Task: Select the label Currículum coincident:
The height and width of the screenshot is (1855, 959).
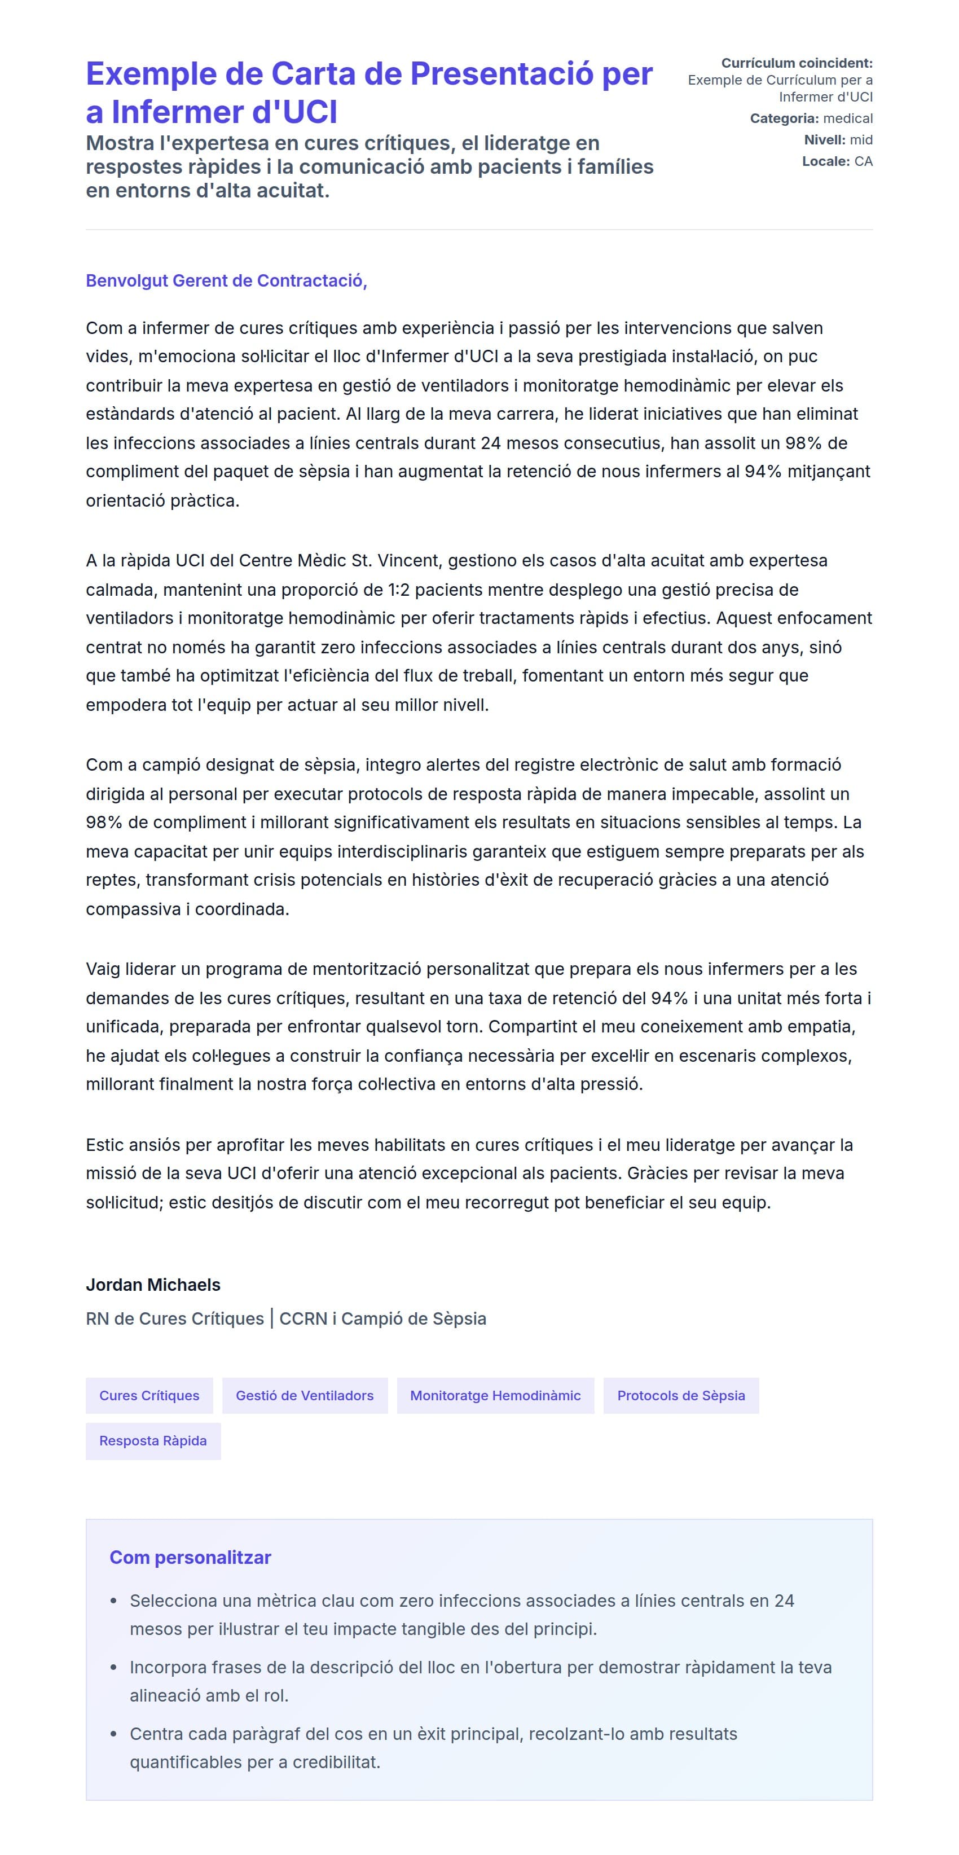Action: pyautogui.click(x=797, y=63)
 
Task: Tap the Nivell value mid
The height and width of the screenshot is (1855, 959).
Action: pyautogui.click(x=861, y=140)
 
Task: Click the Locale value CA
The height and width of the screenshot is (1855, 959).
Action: pyautogui.click(x=863, y=161)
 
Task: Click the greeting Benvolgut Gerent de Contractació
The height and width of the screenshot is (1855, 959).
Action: pyautogui.click(x=226, y=280)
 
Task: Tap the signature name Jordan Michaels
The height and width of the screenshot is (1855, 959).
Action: pyautogui.click(x=153, y=1285)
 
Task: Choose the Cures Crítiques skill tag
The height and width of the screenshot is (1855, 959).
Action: pyautogui.click(x=149, y=1396)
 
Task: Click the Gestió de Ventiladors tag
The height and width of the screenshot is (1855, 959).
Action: pyautogui.click(x=305, y=1396)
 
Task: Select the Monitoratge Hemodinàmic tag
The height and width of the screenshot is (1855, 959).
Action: pyautogui.click(x=495, y=1396)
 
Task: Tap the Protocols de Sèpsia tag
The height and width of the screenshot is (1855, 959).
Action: pyautogui.click(x=681, y=1396)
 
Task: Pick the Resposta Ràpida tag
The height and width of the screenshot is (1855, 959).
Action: pyautogui.click(x=153, y=1441)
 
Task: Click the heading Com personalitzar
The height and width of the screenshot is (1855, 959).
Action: pyautogui.click(x=190, y=1558)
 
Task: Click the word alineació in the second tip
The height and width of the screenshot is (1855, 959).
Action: pyautogui.click(x=165, y=1695)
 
